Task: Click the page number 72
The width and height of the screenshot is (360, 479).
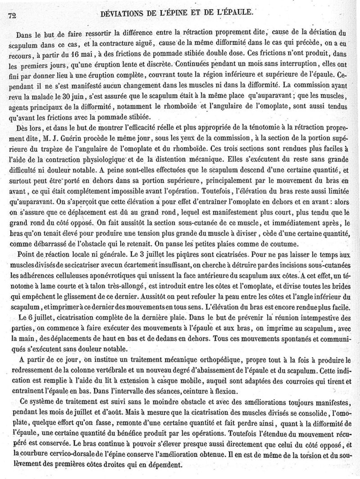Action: click(12, 15)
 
